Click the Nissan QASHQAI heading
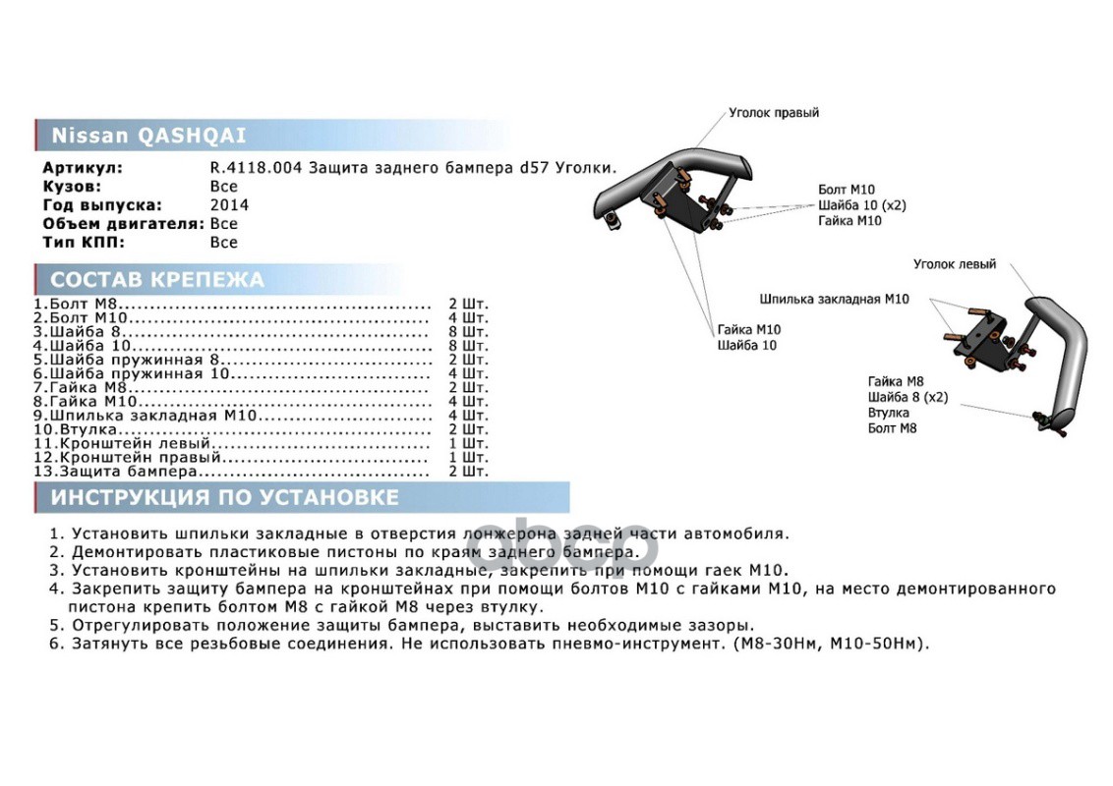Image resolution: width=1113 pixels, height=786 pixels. (x=148, y=136)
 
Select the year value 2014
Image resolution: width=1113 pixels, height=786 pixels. (x=229, y=205)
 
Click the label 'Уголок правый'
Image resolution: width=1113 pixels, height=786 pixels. (x=774, y=113)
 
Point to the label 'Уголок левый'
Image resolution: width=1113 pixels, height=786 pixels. (x=954, y=264)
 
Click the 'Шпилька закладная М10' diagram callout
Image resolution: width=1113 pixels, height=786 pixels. (x=834, y=299)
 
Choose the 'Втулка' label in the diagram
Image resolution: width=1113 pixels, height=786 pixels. (x=888, y=413)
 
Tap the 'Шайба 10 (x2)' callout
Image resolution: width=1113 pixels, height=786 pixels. (x=861, y=205)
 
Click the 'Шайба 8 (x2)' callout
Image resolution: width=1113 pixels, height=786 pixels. (x=908, y=397)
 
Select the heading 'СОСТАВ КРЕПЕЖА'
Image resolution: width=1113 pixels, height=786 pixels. (x=157, y=280)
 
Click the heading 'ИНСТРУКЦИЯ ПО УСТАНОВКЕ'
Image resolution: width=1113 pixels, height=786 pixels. (x=225, y=497)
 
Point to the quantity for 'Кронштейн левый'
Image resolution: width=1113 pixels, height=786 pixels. (x=467, y=443)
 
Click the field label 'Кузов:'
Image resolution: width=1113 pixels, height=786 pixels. (x=72, y=187)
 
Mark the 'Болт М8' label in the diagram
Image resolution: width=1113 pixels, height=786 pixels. (x=892, y=428)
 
